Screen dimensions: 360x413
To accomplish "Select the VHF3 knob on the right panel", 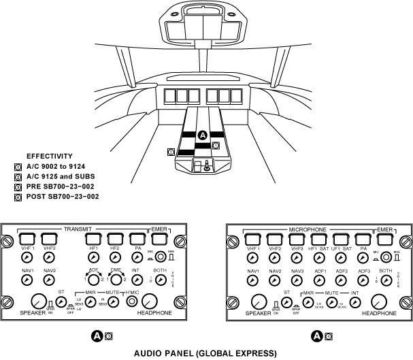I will (297, 260).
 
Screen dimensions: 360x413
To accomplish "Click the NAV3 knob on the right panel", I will (297, 282).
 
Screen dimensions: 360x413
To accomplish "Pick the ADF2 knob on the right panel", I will (342, 282).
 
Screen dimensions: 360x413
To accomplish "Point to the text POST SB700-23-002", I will (62, 196).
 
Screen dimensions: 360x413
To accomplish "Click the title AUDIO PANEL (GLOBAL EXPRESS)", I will (205, 353).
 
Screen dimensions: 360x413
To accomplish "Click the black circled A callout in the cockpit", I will (201, 135).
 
